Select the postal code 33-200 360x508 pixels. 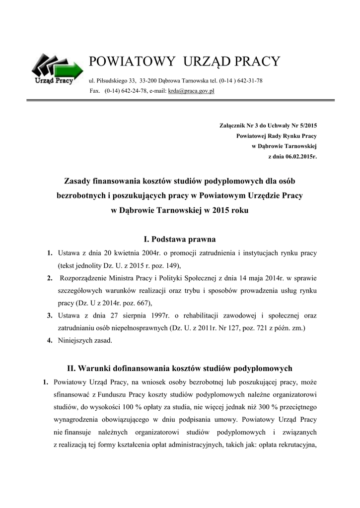click(149, 80)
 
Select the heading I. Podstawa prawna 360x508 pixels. click(179, 240)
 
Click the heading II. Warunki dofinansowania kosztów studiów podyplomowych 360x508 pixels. click(180, 369)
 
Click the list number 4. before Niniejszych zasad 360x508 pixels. click(50, 340)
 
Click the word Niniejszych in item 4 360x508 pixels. click(75, 340)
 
